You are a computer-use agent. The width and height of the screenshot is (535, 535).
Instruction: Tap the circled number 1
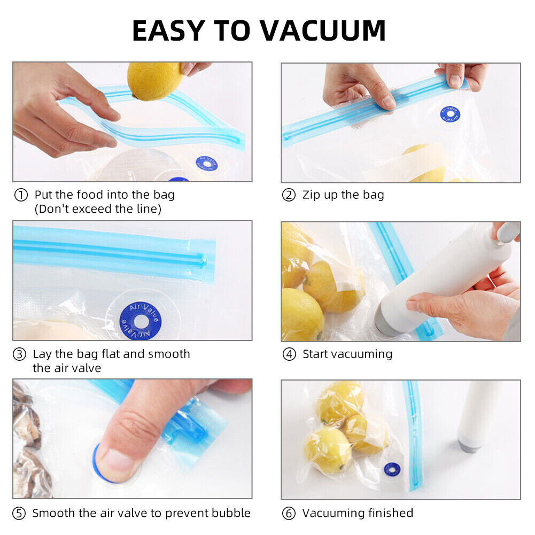20,196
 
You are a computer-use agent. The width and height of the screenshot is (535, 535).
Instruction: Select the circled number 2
289,196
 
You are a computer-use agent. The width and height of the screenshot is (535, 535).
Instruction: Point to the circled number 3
20,354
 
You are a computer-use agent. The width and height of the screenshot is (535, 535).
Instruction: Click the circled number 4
289,354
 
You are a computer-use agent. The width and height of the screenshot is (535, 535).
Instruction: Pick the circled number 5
19,514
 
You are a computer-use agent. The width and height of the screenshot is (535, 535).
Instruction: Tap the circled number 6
289,514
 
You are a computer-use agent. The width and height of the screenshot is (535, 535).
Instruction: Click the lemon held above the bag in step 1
155,80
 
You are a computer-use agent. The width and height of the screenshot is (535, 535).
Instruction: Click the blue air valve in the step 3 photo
142,321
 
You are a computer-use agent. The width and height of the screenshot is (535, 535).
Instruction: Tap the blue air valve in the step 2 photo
450,114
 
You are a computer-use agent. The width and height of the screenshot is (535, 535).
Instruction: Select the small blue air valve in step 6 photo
392,469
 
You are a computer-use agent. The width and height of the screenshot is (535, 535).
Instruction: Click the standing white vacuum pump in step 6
477,417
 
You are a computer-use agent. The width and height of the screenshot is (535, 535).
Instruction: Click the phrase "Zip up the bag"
343,195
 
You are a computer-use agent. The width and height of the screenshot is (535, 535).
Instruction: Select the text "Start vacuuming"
347,354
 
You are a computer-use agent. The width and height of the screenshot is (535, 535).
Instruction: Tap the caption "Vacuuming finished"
358,513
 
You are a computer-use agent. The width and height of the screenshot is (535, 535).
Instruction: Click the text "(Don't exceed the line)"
98,209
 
